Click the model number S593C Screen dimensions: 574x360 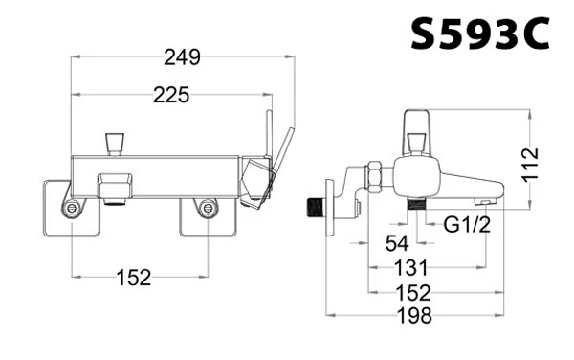(480, 34)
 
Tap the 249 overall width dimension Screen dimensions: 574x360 (182, 57)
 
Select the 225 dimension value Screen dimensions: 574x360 (171, 95)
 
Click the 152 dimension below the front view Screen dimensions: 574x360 (134, 278)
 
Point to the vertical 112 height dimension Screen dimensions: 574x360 (531, 164)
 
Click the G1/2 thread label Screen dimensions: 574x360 (467, 224)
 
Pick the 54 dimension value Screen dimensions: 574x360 (397, 243)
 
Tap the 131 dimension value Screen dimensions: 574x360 (410, 268)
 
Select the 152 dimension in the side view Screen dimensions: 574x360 (413, 293)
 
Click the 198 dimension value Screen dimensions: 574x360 (415, 315)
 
